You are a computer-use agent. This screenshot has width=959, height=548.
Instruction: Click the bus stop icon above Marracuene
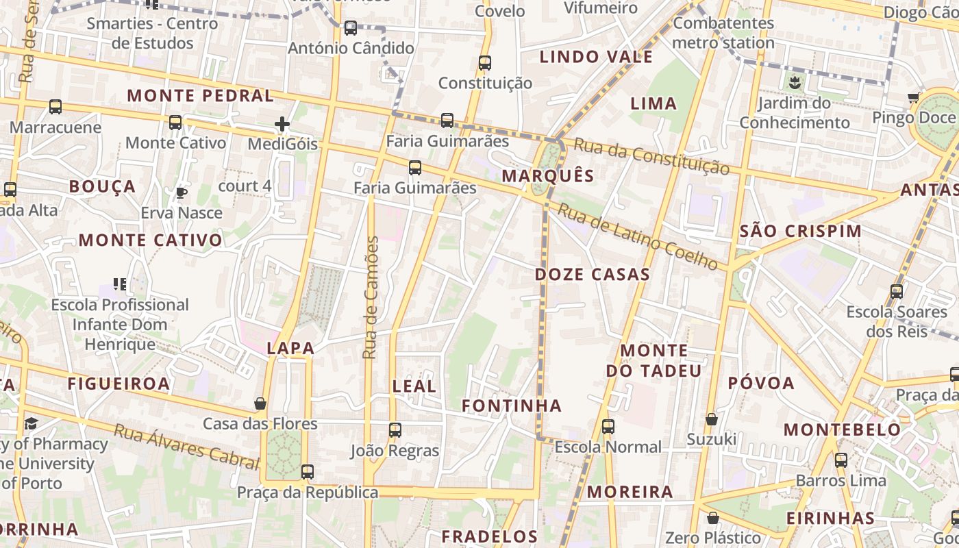point(55,107)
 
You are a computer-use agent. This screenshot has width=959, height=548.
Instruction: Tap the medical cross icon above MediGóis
point(282,124)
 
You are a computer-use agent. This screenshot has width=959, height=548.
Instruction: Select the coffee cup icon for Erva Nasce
point(182,192)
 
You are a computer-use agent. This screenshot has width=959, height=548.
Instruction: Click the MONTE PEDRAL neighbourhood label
point(201,96)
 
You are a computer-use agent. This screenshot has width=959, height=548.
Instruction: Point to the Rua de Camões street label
point(371,297)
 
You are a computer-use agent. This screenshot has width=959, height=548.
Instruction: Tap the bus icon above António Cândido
point(351,28)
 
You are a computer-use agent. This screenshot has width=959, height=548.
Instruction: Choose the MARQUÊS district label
point(548,176)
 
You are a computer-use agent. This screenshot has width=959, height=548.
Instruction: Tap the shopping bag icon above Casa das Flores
point(260,403)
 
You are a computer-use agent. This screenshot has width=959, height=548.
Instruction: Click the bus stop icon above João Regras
point(395,430)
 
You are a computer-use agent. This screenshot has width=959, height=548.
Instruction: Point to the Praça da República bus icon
point(308,471)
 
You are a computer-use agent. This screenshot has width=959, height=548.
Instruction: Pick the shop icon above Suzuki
point(712,419)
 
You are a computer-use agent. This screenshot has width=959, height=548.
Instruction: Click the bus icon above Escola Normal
point(608,427)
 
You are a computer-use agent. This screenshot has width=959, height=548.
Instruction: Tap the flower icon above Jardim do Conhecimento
point(795,83)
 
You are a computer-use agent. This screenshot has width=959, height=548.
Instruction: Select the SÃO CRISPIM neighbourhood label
point(801,232)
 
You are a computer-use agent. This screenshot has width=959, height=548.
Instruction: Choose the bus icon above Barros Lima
point(841,460)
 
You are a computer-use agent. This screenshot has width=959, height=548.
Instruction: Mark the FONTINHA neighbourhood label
point(512,406)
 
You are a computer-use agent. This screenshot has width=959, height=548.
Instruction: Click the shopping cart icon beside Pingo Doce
point(913,98)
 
